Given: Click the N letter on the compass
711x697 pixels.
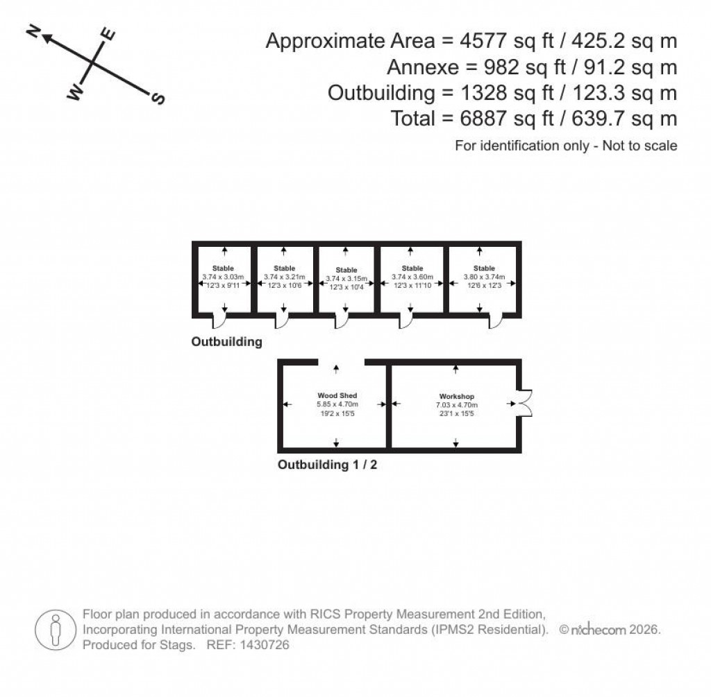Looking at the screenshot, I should (x=32, y=33).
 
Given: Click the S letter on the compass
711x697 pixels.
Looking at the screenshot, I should (x=158, y=99).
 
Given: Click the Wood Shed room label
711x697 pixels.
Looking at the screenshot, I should (x=337, y=395).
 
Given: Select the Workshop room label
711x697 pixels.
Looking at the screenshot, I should (x=455, y=397).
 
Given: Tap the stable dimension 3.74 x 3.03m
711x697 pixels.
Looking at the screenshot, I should (x=224, y=277).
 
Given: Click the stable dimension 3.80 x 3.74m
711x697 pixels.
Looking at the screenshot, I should (x=484, y=276).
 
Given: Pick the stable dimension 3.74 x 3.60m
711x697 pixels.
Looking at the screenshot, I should (x=412, y=276).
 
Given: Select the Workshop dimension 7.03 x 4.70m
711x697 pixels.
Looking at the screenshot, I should (x=455, y=405).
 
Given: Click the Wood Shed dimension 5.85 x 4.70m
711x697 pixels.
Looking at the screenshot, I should (x=337, y=404).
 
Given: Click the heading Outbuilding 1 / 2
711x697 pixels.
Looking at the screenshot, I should (x=328, y=465).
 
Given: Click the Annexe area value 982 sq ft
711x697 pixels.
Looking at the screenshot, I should (x=490, y=67).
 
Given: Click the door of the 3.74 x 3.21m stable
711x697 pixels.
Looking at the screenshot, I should (x=282, y=320).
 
